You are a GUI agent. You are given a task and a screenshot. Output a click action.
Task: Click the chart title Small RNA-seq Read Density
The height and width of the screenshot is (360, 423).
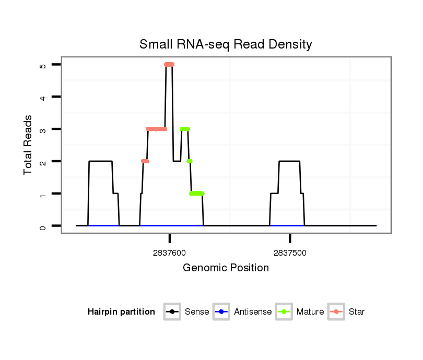pyautogui.click(x=226, y=44)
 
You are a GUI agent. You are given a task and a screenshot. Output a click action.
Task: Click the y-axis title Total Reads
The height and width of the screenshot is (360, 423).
pyautogui.click(x=28, y=145)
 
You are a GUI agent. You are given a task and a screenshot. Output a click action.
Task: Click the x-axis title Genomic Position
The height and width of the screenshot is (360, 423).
pyautogui.click(x=226, y=268)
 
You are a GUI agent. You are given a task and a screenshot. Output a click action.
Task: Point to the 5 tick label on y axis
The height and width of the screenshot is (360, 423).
pyautogui.click(x=43, y=65)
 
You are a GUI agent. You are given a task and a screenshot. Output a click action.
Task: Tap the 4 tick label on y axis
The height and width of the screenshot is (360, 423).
pyautogui.click(x=43, y=98)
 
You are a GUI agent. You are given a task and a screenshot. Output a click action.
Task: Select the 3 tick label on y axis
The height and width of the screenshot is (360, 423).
pyautogui.click(x=43, y=129)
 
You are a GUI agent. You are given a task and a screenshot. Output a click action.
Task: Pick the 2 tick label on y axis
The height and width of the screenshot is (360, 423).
pyautogui.click(x=43, y=162)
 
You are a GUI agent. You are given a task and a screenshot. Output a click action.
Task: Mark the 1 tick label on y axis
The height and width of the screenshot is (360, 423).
pyautogui.click(x=43, y=194)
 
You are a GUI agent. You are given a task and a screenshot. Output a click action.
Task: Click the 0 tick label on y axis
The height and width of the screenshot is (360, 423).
pyautogui.click(x=43, y=226)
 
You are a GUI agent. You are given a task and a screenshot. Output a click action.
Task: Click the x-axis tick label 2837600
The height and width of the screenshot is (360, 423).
pyautogui.click(x=170, y=253)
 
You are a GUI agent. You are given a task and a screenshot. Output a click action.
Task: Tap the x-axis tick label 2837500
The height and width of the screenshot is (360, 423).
pyautogui.click(x=290, y=253)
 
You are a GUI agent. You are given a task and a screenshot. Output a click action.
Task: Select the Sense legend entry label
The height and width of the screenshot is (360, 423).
pyautogui.click(x=197, y=312)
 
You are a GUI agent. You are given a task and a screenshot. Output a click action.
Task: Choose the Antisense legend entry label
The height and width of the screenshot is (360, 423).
pyautogui.click(x=253, y=312)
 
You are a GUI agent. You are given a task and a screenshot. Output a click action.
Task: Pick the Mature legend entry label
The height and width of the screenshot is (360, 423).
pyautogui.click(x=310, y=312)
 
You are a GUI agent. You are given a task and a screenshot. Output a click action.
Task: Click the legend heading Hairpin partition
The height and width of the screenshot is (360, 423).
pyautogui.click(x=121, y=312)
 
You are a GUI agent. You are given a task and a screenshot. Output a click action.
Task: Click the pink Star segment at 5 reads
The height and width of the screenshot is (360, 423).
pyautogui.click(x=169, y=64)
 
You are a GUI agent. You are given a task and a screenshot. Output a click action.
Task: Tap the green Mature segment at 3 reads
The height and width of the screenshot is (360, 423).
pyautogui.click(x=184, y=129)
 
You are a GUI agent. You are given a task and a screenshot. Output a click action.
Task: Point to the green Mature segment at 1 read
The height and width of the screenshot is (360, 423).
pyautogui.click(x=197, y=194)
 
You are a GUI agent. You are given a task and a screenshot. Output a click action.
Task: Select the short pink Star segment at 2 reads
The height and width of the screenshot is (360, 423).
pyautogui.click(x=145, y=161)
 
